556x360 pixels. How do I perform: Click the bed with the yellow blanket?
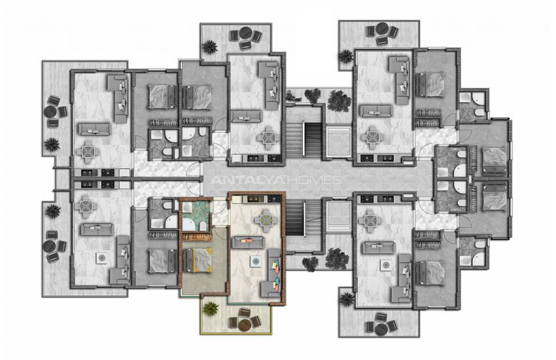[x=198, y=260]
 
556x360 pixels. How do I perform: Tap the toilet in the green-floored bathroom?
[x=201, y=226]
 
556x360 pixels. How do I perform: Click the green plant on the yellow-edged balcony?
[x=211, y=308]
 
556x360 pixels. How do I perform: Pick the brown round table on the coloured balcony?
[x=245, y=325]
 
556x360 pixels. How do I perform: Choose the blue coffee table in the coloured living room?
[x=256, y=261]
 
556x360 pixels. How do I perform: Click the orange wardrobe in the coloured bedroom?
[x=197, y=236]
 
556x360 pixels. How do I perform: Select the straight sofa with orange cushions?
[x=248, y=242]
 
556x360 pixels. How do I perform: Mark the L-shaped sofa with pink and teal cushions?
[x=271, y=273]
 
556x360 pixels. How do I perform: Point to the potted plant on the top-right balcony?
[x=345, y=56]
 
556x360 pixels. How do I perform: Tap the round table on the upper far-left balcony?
[x=51, y=111]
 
